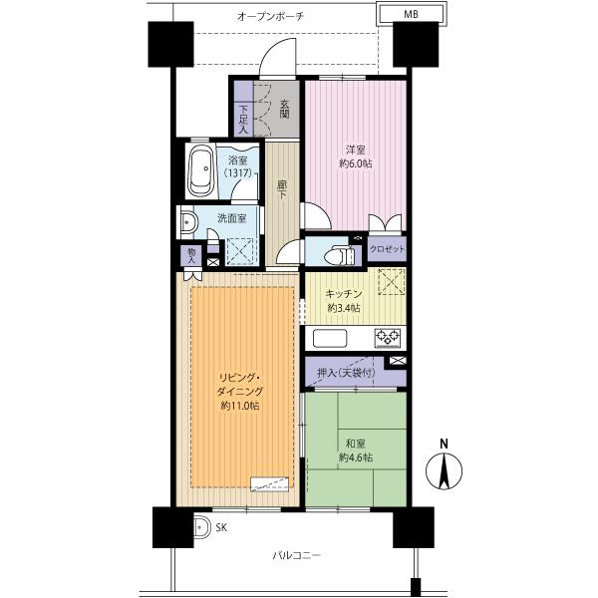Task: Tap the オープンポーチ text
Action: point(270,17)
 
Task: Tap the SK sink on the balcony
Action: point(199,527)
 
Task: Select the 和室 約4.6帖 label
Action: point(356,450)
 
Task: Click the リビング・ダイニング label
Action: point(240,392)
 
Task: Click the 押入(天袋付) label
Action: point(344,373)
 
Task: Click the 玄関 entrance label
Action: point(284,108)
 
